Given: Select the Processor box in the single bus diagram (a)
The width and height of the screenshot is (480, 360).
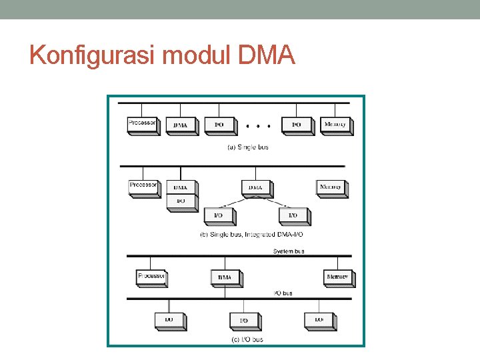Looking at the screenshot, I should (143, 125).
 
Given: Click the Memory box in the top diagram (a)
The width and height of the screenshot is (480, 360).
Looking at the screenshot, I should (335, 125).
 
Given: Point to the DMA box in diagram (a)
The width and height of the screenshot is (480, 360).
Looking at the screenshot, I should (181, 125).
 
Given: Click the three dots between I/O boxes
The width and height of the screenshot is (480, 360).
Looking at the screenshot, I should (257, 125).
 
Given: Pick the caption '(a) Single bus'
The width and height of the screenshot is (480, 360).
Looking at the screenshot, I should (248, 147).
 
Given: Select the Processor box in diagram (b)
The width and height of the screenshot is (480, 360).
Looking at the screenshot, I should (143, 187).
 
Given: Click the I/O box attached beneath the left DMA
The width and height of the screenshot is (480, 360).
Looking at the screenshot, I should (181, 202).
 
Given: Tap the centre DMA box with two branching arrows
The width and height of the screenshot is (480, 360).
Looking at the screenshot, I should (255, 188).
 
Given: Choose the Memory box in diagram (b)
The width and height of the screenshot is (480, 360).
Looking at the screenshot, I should (331, 187).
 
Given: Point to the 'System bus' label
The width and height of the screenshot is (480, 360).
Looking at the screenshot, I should (289, 251).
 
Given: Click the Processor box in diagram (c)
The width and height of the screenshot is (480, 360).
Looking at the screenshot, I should (151, 277).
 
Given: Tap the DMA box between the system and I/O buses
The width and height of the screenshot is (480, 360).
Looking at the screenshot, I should (225, 277).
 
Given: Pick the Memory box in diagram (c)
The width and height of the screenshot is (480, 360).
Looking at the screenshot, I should (338, 277).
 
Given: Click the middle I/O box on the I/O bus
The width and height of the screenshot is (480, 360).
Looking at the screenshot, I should (244, 321).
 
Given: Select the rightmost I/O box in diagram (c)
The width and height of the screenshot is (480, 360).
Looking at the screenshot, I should (319, 320).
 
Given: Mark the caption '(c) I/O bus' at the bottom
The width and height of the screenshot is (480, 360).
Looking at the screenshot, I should (247, 339).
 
